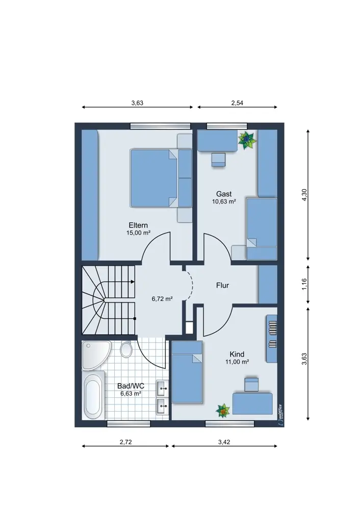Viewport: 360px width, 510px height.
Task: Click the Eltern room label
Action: (x=138, y=225)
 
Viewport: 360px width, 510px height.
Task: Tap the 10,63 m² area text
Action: (x=224, y=201)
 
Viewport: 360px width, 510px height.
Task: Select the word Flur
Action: (x=222, y=285)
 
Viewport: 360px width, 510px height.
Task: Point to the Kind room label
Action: (x=237, y=354)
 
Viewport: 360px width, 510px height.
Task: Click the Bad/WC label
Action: (x=131, y=386)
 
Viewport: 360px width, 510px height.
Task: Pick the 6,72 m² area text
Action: (x=162, y=298)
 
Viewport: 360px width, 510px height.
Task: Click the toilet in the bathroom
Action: (x=126, y=349)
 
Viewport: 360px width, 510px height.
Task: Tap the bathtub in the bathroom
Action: (x=93, y=395)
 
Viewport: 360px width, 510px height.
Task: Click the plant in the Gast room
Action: (x=247, y=140)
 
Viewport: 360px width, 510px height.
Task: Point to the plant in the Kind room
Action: (x=223, y=411)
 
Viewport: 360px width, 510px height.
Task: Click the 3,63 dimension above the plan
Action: (x=137, y=103)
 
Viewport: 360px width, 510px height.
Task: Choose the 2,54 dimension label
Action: (x=237, y=103)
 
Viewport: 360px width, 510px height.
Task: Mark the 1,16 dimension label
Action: (x=304, y=284)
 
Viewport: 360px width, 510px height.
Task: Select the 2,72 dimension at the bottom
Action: (x=125, y=442)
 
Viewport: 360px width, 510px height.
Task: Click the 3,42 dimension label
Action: (x=224, y=442)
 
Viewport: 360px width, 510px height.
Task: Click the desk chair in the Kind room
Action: (x=251, y=385)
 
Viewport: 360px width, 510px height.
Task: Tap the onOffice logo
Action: (x=280, y=415)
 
